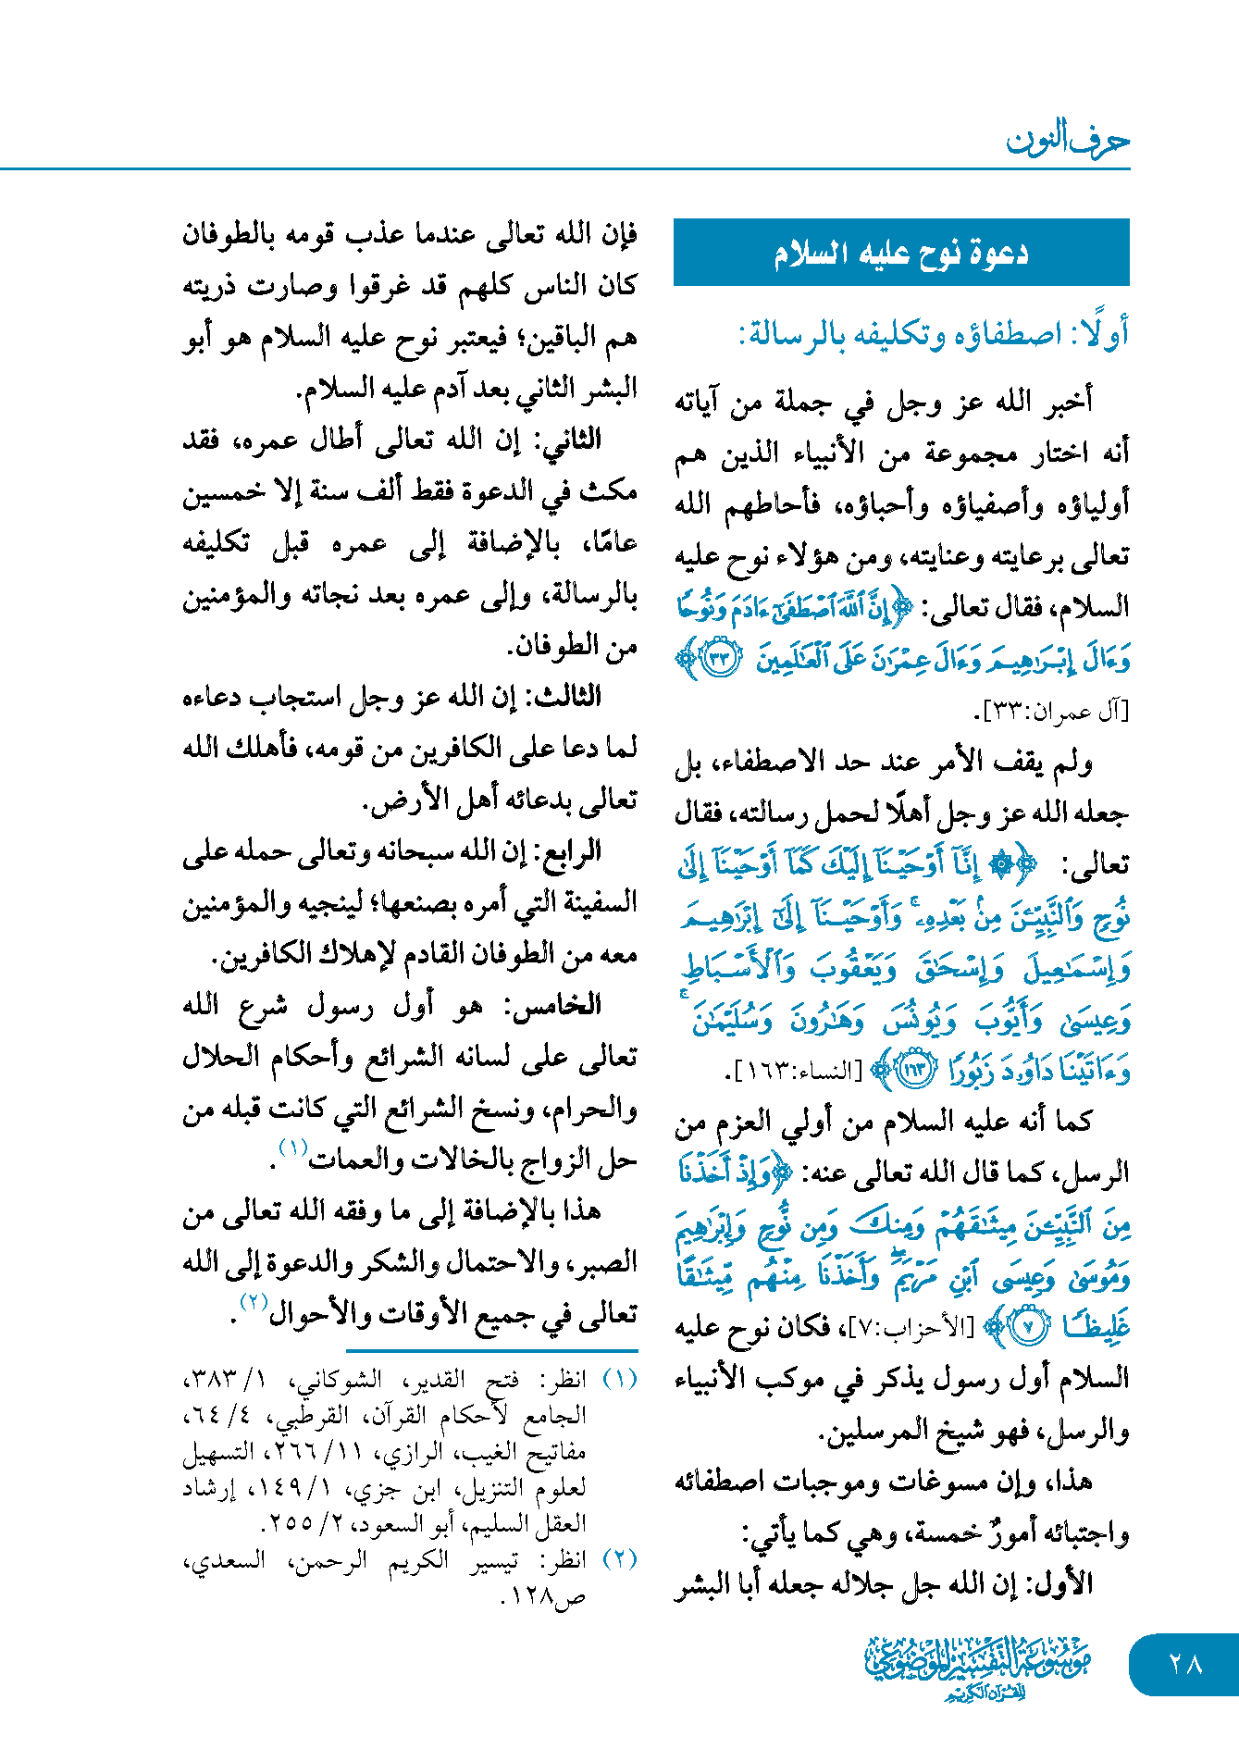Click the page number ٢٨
(x=1185, y=1664)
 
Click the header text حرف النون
(x=1068, y=140)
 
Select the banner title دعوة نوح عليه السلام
(x=901, y=253)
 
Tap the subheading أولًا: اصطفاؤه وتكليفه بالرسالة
(x=934, y=333)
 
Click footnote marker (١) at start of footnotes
(x=620, y=1380)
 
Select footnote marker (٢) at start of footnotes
(x=620, y=1559)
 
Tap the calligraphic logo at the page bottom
(x=977, y=1667)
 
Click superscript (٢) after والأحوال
(x=253, y=1302)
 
